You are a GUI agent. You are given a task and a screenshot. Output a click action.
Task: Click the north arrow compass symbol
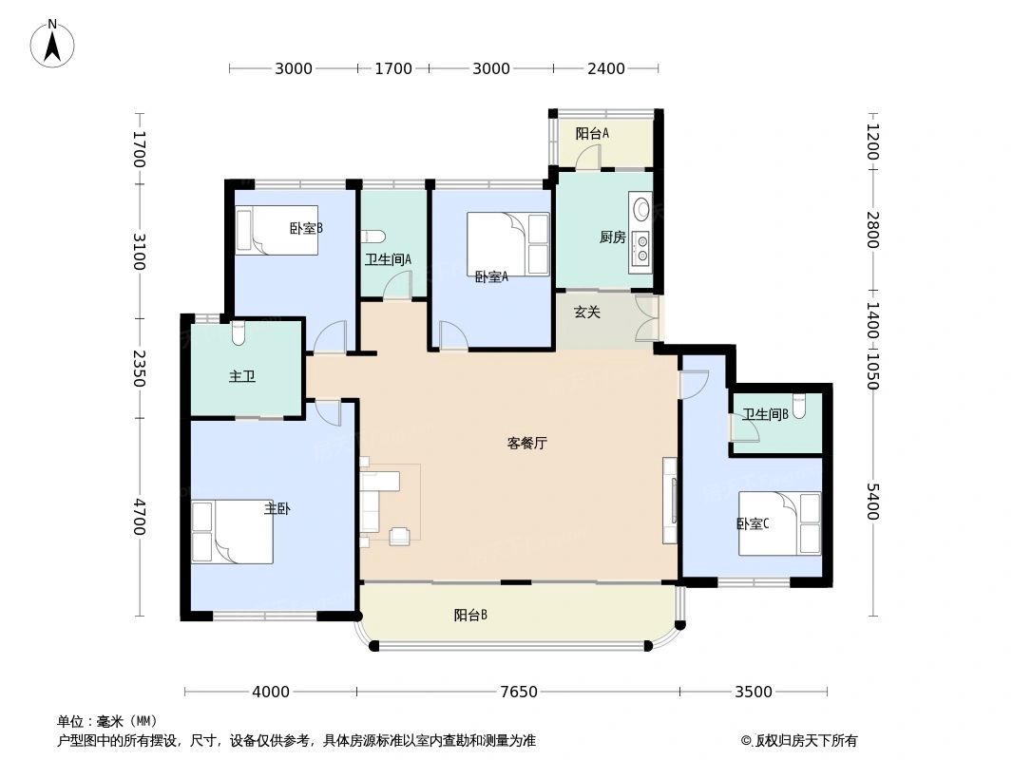pos(53,44)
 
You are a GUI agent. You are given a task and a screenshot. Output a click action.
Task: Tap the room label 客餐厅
pos(526,443)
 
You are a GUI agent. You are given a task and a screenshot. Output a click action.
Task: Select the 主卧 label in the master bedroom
pos(277,509)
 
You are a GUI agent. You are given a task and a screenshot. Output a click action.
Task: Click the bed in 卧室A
pos(508,244)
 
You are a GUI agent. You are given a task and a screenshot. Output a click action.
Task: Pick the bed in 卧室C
pos(779,522)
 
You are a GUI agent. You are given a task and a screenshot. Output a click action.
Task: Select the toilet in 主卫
pos(238,332)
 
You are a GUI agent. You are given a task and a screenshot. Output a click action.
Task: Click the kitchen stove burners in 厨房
pos(641,246)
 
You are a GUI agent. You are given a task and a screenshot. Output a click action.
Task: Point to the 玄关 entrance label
pos(586,312)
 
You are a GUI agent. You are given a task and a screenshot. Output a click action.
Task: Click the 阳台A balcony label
pos(592,134)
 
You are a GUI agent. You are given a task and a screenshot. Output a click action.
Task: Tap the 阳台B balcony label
pos(470,616)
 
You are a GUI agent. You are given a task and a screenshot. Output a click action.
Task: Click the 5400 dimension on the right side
pos(872,502)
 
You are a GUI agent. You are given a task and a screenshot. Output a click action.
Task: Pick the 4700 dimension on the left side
pos(140,517)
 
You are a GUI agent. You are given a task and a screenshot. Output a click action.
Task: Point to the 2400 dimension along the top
pos(606,68)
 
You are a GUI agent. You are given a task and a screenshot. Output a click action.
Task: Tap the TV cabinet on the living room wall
pos(670,501)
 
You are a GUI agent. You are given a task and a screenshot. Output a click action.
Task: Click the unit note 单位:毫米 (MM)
pos(107,721)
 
